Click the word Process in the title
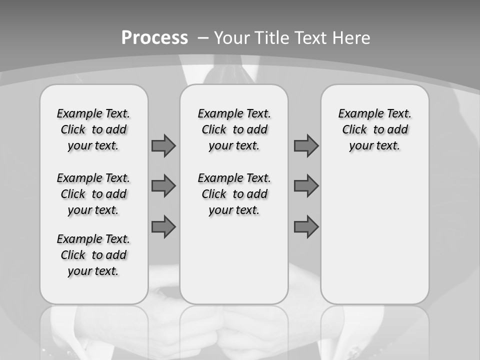point(154,37)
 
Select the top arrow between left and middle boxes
point(163,146)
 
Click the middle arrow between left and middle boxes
point(163,186)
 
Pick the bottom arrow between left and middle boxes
point(163,227)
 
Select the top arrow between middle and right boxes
point(306,146)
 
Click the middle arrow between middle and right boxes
point(306,186)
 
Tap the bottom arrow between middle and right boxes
point(306,227)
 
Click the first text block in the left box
point(93,129)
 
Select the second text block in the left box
point(93,194)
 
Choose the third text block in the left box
point(93,255)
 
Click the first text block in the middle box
point(234,129)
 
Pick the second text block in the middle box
point(234,194)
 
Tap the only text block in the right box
point(374,129)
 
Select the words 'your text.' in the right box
point(374,146)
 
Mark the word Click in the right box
point(354,130)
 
